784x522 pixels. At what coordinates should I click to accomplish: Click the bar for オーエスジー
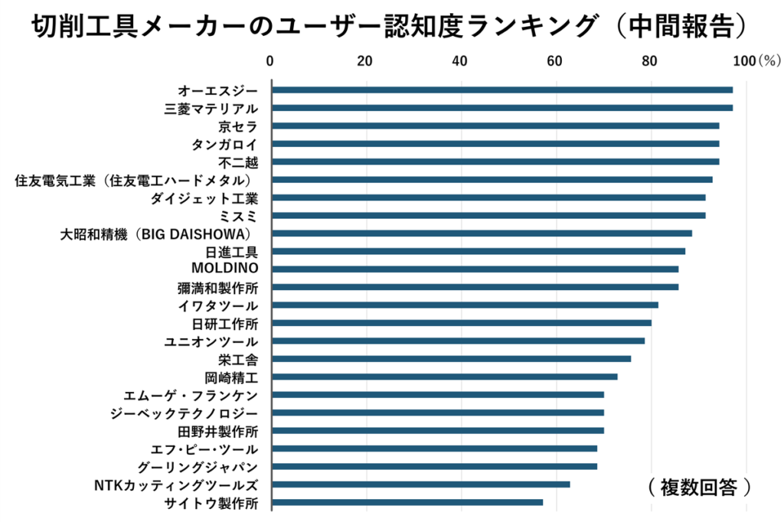point(502,90)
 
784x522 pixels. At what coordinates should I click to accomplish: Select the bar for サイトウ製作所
point(407,503)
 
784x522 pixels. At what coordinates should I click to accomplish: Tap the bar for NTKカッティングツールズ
point(421,484)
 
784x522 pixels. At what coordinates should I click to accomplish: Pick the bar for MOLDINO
point(475,269)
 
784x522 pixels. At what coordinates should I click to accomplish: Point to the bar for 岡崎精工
point(445,377)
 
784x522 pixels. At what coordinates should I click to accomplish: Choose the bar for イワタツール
point(465,305)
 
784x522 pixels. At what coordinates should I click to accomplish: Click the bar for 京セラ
point(496,126)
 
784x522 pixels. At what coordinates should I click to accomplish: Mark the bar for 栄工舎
point(452,358)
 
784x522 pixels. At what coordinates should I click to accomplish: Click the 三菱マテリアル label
point(211,109)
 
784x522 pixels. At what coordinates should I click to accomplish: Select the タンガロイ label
point(224,145)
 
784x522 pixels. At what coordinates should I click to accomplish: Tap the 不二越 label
point(238,162)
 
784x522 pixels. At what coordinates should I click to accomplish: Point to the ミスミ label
point(238,216)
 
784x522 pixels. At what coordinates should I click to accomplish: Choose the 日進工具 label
point(231,252)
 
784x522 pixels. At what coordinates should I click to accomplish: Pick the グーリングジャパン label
point(198,468)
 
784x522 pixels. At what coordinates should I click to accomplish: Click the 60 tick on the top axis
point(554,61)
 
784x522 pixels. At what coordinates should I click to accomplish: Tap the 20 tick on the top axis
point(364,61)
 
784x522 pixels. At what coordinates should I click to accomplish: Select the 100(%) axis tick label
point(756,61)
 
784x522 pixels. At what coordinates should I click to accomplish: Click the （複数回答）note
point(699,487)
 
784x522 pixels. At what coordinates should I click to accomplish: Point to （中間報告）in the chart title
point(681,26)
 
